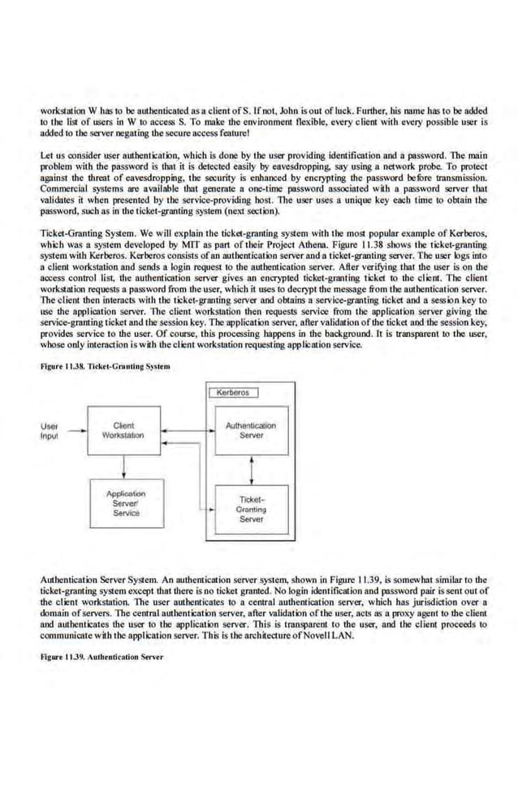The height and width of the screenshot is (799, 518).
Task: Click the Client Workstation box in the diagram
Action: pyautogui.click(x=123, y=430)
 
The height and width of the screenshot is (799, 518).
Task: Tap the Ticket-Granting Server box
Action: pyautogui.click(x=251, y=509)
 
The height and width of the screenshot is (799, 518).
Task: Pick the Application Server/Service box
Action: pyautogui.click(x=126, y=503)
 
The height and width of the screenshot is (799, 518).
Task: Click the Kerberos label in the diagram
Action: pyautogui.click(x=235, y=394)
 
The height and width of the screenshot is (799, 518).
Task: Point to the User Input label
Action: pyautogui.click(x=50, y=430)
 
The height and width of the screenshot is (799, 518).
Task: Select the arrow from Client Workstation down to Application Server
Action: pyautogui.click(x=123, y=465)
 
